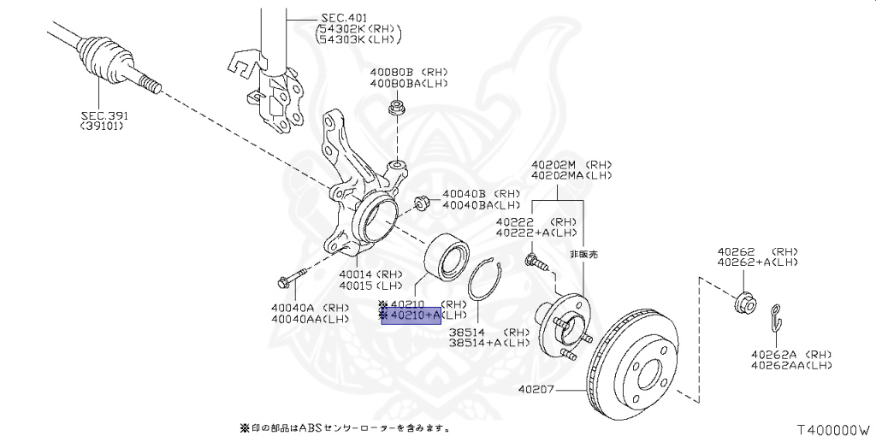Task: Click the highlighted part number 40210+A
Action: (411, 317)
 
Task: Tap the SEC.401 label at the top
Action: (342, 16)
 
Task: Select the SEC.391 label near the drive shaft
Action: (102, 115)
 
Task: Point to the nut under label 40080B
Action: (397, 109)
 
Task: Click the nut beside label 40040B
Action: (422, 203)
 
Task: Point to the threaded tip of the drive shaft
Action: (151, 84)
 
